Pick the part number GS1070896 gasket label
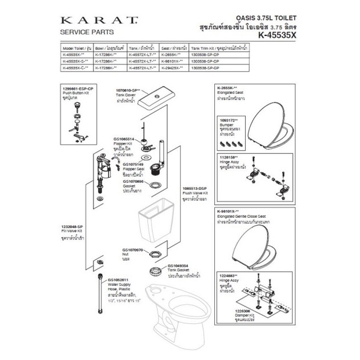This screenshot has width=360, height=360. click(133, 181)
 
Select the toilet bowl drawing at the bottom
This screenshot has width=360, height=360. click(168, 308)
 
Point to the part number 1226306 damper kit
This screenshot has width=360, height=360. click(228, 311)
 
